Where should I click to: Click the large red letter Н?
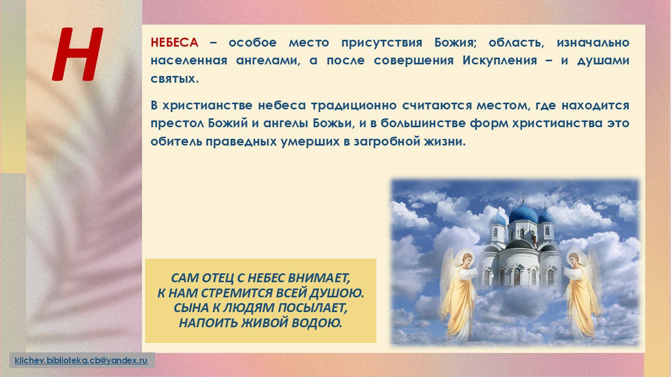[x=78, y=54]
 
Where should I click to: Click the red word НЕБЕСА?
[x=175, y=42]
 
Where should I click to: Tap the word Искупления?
[x=500, y=61]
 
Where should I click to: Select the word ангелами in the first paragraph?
[x=268, y=61]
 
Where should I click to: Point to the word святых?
[x=175, y=79]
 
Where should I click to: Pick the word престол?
[x=177, y=124]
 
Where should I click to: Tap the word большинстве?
[x=423, y=123]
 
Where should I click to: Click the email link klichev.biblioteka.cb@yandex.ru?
[x=81, y=360]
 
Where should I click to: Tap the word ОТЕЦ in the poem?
[x=218, y=278]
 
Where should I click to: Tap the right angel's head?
[x=573, y=259]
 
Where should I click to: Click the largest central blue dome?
[x=523, y=214]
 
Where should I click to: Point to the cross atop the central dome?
[x=523, y=198]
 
